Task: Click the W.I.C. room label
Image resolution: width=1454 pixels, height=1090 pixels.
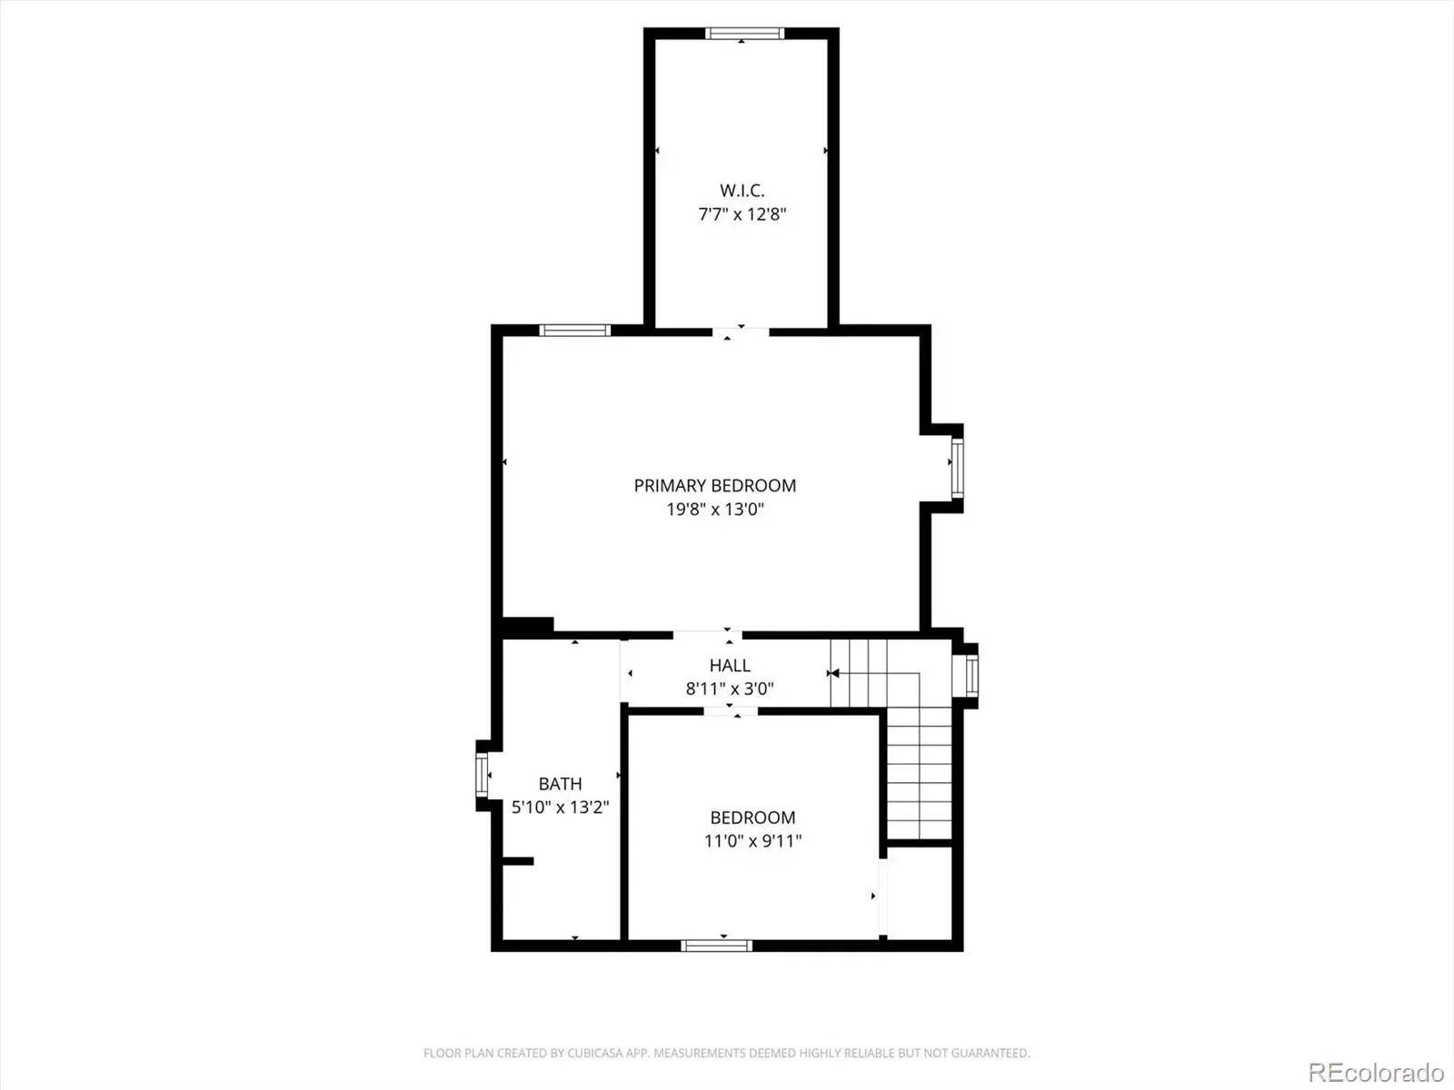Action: coord(742,191)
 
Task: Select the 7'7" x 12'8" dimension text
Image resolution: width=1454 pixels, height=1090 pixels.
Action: coord(742,214)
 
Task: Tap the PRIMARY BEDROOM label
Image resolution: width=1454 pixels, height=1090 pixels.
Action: coord(715,486)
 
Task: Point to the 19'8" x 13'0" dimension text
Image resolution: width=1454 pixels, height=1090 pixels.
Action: coord(715,510)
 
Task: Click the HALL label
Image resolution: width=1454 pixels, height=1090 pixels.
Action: coord(730,665)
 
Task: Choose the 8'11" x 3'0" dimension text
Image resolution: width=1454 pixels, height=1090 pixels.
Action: coord(730,689)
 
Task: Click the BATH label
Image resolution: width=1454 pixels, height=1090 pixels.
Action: coord(561,784)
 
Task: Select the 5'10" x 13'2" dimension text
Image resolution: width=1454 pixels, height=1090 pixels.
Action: coord(561,808)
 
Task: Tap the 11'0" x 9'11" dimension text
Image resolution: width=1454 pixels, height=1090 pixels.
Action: coord(752,841)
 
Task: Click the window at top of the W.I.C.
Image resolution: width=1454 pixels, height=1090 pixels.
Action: coord(744,33)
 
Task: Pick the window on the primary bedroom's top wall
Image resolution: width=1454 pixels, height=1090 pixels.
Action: coord(574,331)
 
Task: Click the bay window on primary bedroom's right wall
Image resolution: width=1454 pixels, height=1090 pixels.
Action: coord(957,468)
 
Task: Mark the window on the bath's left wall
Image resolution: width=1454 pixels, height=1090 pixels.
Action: coord(482,774)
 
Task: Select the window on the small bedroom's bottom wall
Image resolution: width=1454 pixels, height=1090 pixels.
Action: coord(717,946)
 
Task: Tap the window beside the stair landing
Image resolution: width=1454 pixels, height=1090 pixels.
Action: coord(971,675)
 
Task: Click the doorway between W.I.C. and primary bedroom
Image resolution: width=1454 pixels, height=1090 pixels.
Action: coord(741,332)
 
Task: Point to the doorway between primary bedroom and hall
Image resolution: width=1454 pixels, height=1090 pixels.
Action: coord(707,635)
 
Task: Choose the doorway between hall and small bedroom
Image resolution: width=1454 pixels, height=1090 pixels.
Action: coord(730,711)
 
